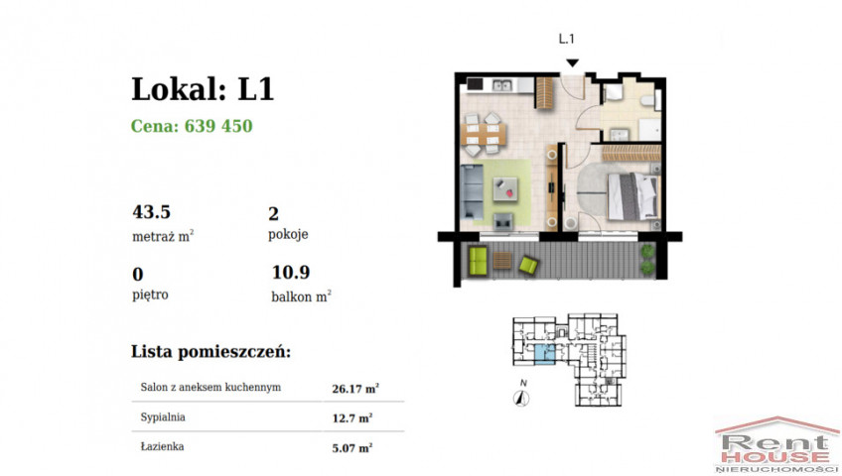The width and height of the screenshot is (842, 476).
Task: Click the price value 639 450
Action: click(218, 126)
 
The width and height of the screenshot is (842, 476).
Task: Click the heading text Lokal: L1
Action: click(203, 89)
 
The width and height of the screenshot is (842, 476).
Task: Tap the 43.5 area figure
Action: click(152, 212)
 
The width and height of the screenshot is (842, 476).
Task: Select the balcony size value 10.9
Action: click(291, 273)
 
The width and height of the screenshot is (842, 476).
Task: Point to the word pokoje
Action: click(288, 234)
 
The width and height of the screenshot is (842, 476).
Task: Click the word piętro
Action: click(150, 295)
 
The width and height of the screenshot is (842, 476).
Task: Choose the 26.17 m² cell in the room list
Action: click(355, 389)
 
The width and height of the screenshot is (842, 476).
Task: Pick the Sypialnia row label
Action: click(163, 417)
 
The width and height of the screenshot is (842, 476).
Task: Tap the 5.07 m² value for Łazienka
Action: click(352, 447)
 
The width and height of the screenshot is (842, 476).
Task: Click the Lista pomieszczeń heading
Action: click(211, 352)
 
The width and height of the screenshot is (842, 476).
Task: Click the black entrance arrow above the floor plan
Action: click(573, 63)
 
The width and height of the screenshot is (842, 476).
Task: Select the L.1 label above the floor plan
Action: click(567, 39)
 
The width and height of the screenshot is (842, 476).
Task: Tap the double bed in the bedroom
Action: click(632, 196)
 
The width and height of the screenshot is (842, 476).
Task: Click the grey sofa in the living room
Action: click(472, 192)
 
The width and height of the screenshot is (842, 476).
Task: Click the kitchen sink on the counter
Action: click(502, 84)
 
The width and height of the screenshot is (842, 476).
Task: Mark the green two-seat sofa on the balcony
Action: click(478, 261)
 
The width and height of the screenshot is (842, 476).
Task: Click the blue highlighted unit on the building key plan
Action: click(545, 354)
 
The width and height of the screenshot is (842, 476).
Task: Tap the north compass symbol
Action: click(521, 398)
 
